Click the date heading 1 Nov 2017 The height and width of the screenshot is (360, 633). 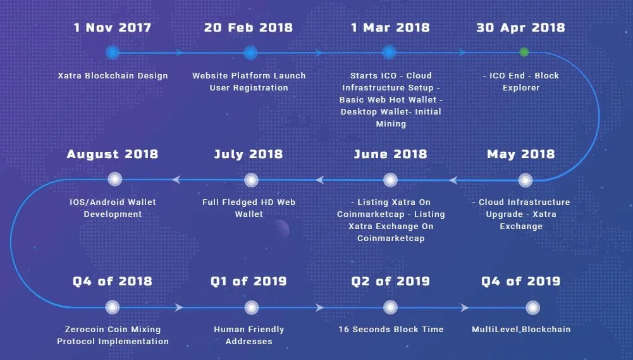(x=113, y=27)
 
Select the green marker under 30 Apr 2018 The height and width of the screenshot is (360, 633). (x=524, y=52)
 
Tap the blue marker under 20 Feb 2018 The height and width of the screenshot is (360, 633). (x=250, y=53)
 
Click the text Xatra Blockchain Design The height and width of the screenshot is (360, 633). (x=113, y=75)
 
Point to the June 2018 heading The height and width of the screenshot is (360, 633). (x=390, y=154)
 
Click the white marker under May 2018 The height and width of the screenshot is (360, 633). (x=525, y=180)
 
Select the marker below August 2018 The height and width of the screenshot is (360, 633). (x=115, y=179)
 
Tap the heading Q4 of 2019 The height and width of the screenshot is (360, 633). (x=521, y=281)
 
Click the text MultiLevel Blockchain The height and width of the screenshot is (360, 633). (x=521, y=329)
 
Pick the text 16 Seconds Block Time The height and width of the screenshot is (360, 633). (x=391, y=329)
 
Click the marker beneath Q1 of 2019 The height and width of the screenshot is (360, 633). (x=252, y=307)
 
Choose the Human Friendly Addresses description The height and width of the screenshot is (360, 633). (x=249, y=335)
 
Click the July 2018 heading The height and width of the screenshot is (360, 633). (x=249, y=154)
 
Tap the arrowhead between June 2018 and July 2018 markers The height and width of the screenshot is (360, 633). (x=320, y=180)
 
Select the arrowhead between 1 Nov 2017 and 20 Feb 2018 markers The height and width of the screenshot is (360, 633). (x=179, y=53)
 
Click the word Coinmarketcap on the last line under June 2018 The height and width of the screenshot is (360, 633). (x=391, y=239)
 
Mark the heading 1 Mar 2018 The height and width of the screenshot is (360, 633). (x=390, y=27)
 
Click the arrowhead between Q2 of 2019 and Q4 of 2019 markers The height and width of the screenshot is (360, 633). (x=465, y=307)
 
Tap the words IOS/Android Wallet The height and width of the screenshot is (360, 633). (x=113, y=202)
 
